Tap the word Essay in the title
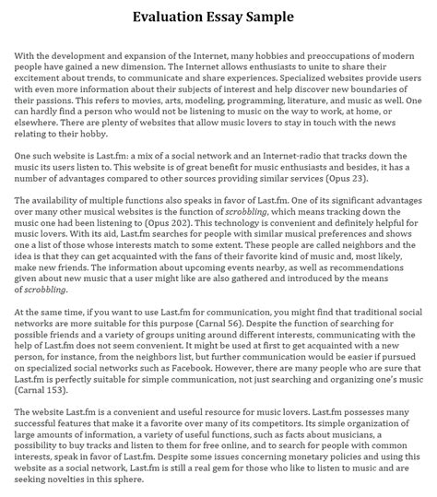[230, 17]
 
